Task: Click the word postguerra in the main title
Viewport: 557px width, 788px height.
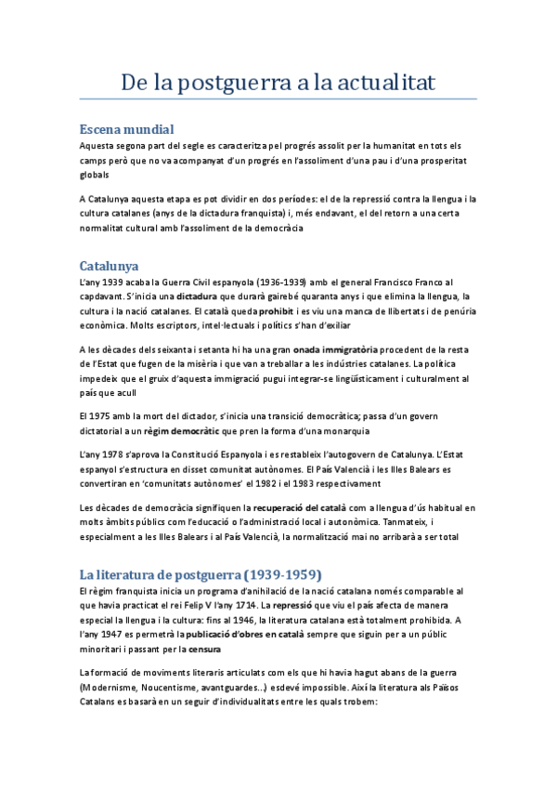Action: (227, 83)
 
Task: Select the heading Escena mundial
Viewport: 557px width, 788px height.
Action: (127, 129)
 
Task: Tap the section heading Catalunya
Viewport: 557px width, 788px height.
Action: (109, 266)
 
